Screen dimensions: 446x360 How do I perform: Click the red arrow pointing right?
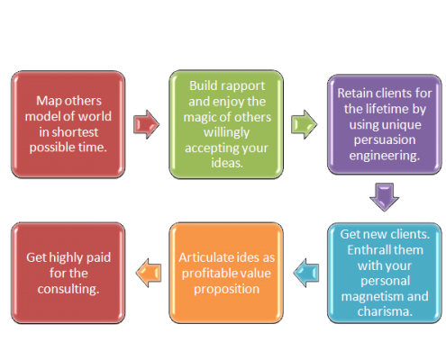(x=146, y=124)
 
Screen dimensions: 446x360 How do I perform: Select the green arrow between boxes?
(x=304, y=124)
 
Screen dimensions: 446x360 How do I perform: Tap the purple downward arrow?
(x=385, y=197)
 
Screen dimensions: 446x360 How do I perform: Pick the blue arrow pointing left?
(x=306, y=273)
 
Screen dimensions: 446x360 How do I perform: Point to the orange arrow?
(x=149, y=273)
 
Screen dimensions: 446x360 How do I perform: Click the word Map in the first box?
(x=47, y=101)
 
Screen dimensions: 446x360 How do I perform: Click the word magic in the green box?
(x=200, y=117)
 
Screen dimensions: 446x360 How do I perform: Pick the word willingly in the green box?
(x=226, y=132)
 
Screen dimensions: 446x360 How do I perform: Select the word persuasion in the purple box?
(x=385, y=140)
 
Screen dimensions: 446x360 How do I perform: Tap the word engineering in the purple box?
(x=385, y=156)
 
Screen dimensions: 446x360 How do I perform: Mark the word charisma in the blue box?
(x=385, y=311)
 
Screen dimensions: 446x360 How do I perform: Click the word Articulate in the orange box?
(x=206, y=257)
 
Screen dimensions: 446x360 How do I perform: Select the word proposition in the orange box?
(x=226, y=290)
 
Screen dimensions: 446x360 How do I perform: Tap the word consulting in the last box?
(x=68, y=289)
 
